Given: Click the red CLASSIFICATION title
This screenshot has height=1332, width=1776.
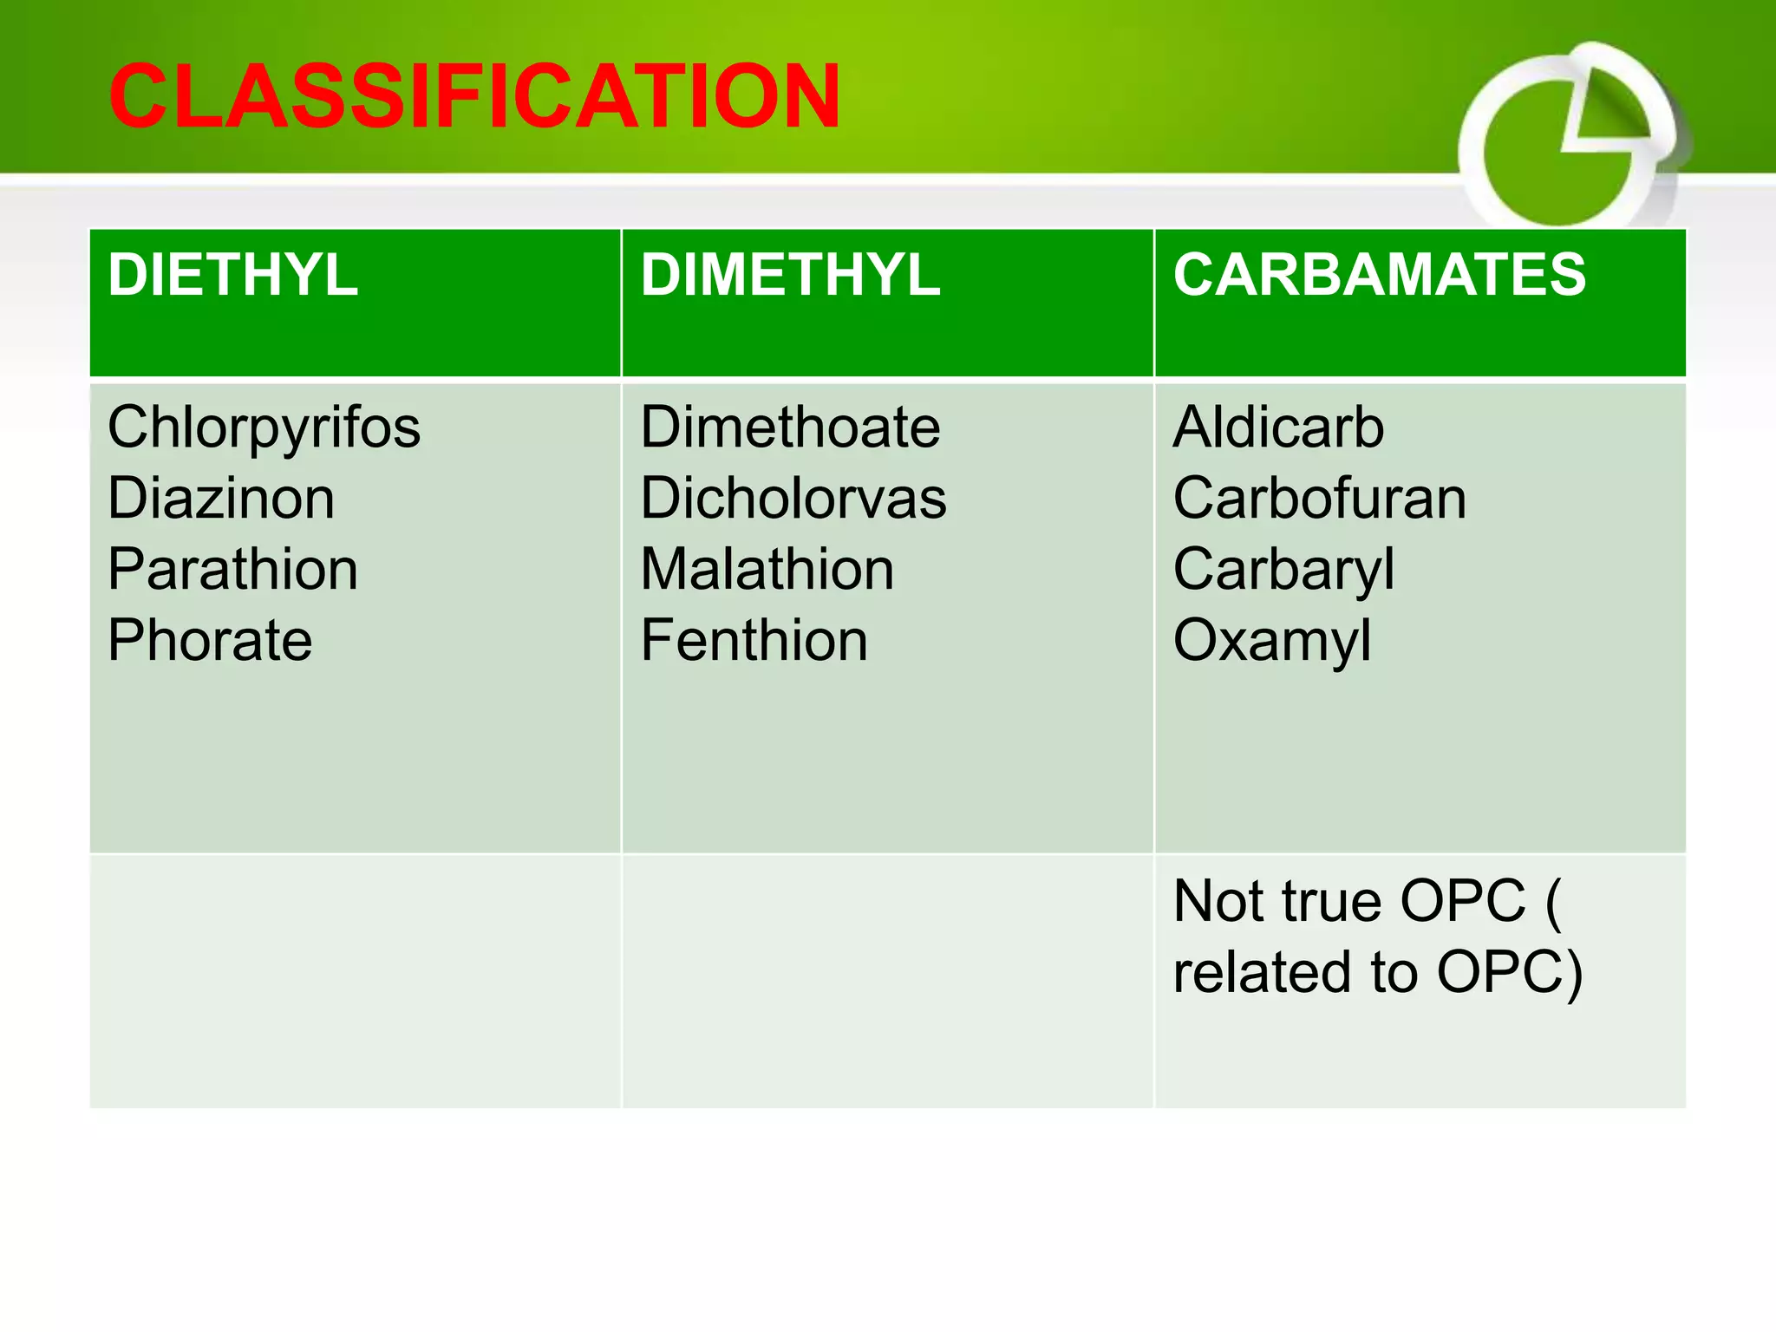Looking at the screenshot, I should pyautogui.click(x=474, y=96).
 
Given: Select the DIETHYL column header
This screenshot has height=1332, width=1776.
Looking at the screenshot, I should pyautogui.click(x=232, y=275).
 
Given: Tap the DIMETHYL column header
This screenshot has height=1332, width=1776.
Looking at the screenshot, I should pyautogui.click(x=790, y=275).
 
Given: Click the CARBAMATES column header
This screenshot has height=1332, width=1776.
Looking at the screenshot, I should pyautogui.click(x=1379, y=275).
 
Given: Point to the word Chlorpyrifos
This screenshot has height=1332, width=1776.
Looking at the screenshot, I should pyautogui.click(x=264, y=428).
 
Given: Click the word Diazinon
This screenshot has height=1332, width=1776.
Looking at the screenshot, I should pyautogui.click(x=221, y=499).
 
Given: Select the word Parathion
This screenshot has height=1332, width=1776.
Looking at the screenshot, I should pyautogui.click(x=232, y=570).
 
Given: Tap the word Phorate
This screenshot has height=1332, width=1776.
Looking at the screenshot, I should pyautogui.click(x=210, y=641).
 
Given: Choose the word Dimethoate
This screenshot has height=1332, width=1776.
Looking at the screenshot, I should pyautogui.click(x=790, y=428).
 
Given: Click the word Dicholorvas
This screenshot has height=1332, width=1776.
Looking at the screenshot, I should pyautogui.click(x=793, y=499).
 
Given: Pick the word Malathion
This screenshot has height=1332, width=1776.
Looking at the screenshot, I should pyautogui.click(x=767, y=570).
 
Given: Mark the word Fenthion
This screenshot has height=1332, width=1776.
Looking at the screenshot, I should pyautogui.click(x=754, y=641).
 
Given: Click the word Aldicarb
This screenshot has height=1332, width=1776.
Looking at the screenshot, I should pyautogui.click(x=1278, y=428).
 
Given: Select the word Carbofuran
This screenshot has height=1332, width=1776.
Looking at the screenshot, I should pyautogui.click(x=1319, y=499).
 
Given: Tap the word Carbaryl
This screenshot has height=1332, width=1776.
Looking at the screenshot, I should pyautogui.click(x=1283, y=571).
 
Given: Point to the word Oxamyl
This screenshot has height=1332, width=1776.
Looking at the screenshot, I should pyautogui.click(x=1271, y=643).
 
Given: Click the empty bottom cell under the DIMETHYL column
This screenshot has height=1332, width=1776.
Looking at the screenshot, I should pyautogui.click(x=887, y=980).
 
